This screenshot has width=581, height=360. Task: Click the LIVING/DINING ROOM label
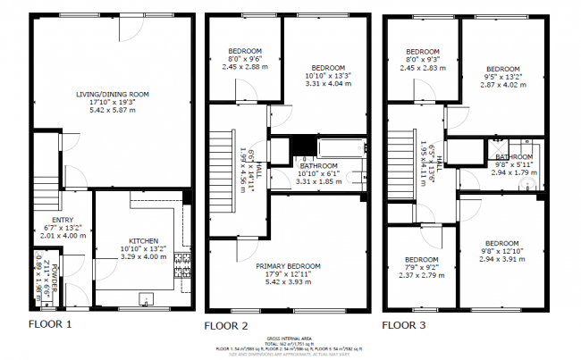[x=112, y=94]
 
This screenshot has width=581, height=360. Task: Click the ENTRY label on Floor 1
[x=63, y=220]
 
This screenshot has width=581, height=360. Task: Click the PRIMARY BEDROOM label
[x=287, y=266]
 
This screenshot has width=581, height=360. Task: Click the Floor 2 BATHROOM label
[x=318, y=166]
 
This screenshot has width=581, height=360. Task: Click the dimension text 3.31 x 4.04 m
[x=328, y=85]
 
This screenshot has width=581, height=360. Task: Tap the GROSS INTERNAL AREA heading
[x=290, y=339]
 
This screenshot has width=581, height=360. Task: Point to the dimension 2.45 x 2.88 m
[x=243, y=66]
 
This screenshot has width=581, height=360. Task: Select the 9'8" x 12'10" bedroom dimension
[x=501, y=251]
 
